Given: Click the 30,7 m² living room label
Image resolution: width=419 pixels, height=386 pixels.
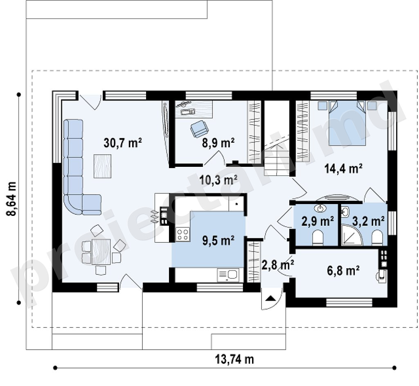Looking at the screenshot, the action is (x=122, y=143).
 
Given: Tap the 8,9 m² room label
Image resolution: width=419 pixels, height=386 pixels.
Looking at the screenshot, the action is (x=219, y=143).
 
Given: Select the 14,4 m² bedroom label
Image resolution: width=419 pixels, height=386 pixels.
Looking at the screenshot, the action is (x=343, y=168).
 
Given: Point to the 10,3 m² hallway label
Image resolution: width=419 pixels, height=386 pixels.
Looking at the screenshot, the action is (x=219, y=180).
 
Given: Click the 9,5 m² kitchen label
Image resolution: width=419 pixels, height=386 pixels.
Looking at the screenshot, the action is (x=219, y=240).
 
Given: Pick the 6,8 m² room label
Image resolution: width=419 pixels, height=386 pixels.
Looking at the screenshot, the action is (x=343, y=270).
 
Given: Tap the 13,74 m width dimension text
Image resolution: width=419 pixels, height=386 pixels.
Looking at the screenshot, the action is (x=234, y=359).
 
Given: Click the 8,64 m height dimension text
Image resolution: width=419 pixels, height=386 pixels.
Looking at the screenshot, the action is (x=12, y=199).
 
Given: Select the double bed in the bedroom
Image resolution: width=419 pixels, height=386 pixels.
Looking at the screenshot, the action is (x=347, y=123).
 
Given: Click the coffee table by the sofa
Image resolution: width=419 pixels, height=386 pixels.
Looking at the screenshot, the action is (x=102, y=166).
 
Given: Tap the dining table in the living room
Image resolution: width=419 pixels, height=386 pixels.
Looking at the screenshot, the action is (x=101, y=252).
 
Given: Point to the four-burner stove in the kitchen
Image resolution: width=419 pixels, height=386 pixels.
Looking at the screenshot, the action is (x=182, y=235).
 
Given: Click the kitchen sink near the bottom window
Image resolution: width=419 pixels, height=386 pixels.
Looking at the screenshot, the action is (x=228, y=275).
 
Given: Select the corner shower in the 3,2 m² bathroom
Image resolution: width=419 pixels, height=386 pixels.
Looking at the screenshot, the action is (x=351, y=236).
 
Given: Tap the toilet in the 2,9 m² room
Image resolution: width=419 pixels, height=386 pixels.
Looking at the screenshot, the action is (x=318, y=238).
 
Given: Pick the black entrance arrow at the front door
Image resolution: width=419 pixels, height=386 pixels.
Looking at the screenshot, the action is (x=270, y=298).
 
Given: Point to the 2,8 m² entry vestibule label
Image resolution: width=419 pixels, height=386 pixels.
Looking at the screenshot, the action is (x=277, y=266).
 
